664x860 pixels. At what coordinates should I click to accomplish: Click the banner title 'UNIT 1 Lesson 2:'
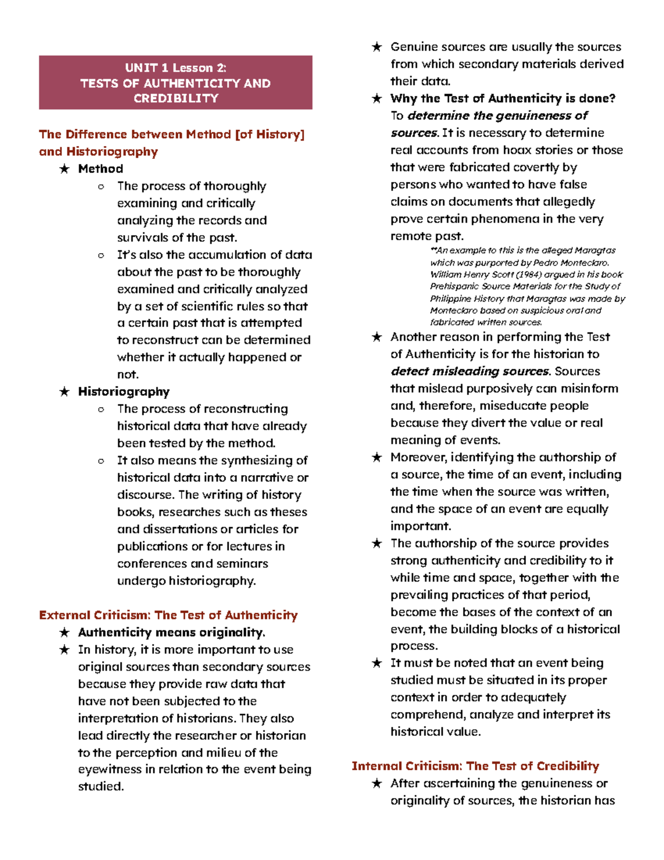click(x=175, y=68)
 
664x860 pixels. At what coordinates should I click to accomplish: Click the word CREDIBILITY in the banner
click(x=175, y=99)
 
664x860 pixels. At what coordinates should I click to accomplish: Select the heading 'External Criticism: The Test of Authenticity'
click(x=168, y=615)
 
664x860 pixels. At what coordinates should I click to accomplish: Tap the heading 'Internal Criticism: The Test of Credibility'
click(x=475, y=766)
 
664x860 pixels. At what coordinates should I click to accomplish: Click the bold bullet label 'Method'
click(x=101, y=169)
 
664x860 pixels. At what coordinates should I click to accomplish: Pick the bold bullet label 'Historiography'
click(x=124, y=392)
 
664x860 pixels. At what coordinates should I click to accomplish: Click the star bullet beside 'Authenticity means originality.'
click(x=65, y=632)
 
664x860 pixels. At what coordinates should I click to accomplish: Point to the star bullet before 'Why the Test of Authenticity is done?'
click(x=377, y=99)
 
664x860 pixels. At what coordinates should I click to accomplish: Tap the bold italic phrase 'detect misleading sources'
click(x=470, y=372)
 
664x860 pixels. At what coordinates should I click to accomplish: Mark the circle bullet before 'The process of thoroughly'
click(x=101, y=187)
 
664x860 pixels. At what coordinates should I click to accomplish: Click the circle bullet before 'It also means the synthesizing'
click(x=101, y=461)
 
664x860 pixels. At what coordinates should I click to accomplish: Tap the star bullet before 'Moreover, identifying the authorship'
click(x=377, y=457)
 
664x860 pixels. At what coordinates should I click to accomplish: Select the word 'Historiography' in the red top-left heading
click(x=112, y=152)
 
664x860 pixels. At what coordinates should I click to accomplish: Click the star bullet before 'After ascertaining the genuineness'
click(x=377, y=784)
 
